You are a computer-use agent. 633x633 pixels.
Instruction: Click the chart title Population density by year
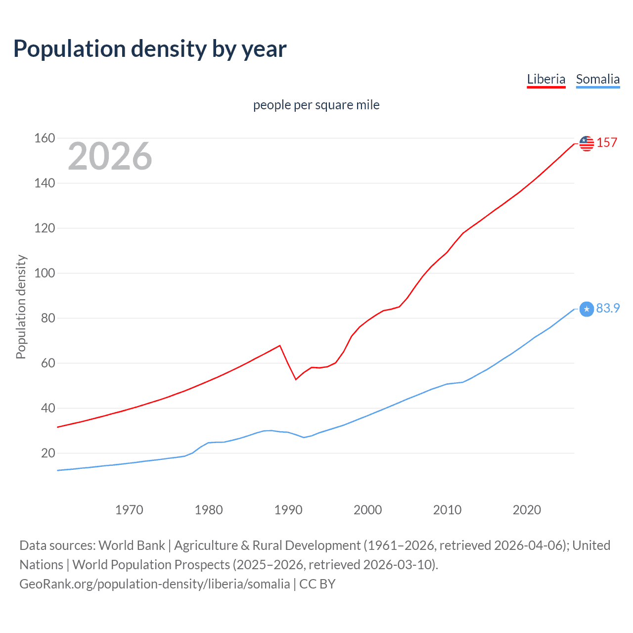[150, 49]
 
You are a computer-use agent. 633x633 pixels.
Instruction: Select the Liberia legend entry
[546, 79]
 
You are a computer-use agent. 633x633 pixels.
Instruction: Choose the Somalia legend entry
[597, 79]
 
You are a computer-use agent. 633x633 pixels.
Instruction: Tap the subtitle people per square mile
[316, 105]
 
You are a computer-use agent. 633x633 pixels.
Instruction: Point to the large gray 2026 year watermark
[110, 156]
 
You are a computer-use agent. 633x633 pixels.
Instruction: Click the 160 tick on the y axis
[45, 138]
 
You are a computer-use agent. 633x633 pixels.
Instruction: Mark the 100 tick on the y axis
[45, 273]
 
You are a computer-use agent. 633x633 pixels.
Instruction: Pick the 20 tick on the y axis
[48, 453]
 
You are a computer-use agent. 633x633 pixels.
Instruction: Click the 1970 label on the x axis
[129, 510]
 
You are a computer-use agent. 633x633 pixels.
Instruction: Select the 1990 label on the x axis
[288, 510]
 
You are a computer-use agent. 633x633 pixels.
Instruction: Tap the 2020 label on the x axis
[527, 510]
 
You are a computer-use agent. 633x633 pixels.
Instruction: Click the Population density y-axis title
[21, 307]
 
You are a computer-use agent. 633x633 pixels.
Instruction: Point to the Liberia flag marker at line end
[587, 143]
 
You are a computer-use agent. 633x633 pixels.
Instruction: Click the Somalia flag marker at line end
[587, 309]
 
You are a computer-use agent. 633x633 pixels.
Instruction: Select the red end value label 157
[607, 143]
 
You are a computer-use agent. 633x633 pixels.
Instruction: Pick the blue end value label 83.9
[608, 309]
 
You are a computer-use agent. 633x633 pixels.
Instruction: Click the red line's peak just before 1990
[280, 346]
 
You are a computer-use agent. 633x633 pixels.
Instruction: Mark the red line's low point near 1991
[296, 379]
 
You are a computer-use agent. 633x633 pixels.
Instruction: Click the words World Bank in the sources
[132, 545]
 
